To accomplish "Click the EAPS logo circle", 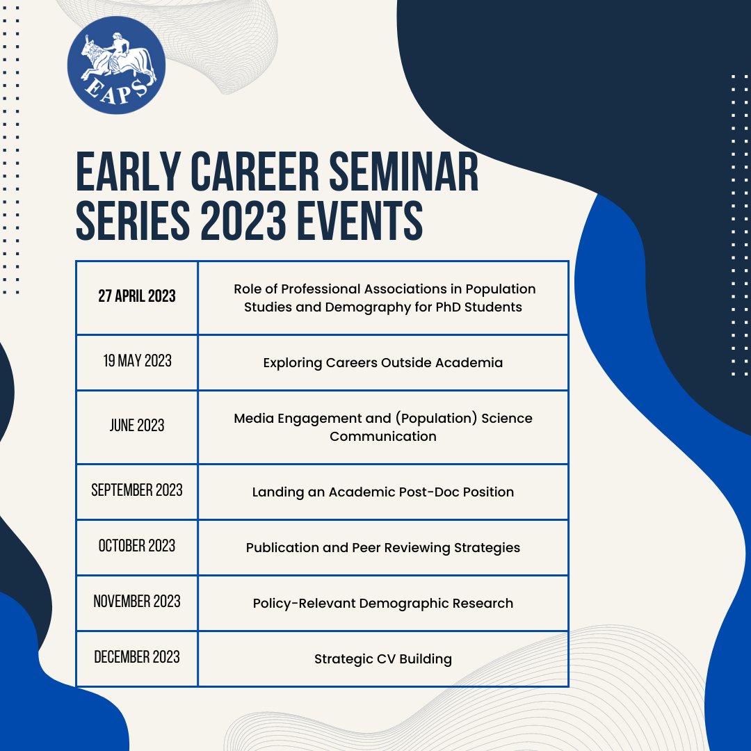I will [116, 65].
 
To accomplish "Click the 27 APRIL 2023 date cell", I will [137, 297].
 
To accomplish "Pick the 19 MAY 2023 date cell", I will [137, 362].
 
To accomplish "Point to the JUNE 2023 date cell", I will [137, 426].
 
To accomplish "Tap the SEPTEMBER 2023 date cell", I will [137, 490].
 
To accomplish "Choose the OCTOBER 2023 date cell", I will [137, 546].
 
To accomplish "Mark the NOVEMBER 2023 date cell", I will [137, 601].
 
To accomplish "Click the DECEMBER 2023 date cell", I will [137, 657].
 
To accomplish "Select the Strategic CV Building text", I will [383, 659].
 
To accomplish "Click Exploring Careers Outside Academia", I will [383, 362].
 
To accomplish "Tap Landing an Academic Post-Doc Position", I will [383, 492].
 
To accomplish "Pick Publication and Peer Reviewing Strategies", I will [383, 547].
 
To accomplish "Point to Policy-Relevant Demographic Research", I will [383, 603].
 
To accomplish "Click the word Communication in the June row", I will [383, 437].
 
